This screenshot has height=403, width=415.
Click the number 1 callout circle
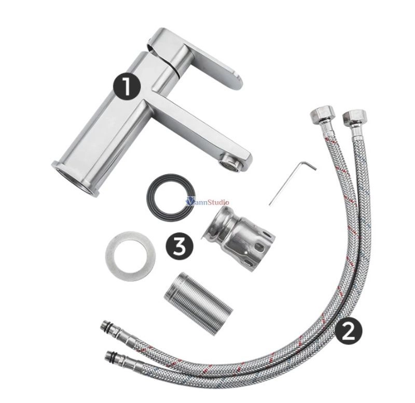pos(127,86)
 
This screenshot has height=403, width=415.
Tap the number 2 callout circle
pos(348,330)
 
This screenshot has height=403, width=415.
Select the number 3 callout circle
pos(179,246)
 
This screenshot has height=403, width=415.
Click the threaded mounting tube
pos(198,304)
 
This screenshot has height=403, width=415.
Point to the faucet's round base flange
pos(74,179)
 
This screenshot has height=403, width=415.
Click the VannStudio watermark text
pos(208,202)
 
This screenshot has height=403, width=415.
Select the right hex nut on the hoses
pos(354,118)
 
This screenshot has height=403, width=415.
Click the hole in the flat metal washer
pos(131,256)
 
